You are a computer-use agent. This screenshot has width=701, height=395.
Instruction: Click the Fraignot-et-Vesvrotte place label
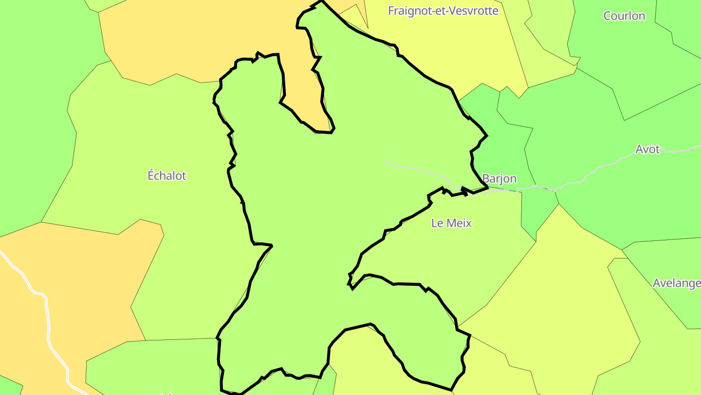tap(443, 11)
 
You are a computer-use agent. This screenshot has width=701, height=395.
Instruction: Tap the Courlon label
tap(624, 16)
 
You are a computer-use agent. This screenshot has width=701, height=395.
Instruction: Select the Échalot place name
tap(167, 176)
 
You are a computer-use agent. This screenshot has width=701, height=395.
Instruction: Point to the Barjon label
tap(499, 178)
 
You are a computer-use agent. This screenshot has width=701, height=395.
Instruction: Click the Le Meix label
tap(452, 223)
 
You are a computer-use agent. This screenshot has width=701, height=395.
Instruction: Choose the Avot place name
tap(647, 149)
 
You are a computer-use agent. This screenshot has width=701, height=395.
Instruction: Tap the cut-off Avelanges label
tap(676, 283)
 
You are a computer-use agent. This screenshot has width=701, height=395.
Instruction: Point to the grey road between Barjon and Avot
tap(584, 178)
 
